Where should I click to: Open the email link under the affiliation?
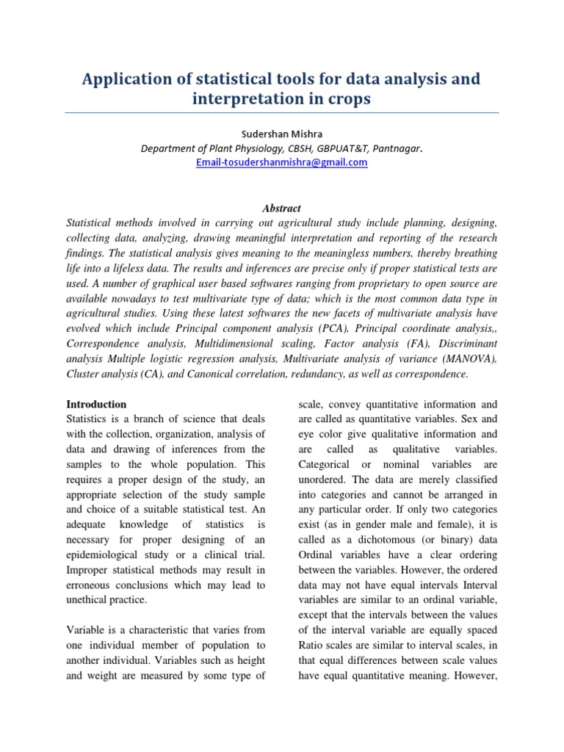[x=282, y=162]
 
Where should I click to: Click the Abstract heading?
[x=282, y=209]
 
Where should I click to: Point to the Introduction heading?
[x=96, y=404]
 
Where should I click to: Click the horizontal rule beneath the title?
[x=282, y=112]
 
